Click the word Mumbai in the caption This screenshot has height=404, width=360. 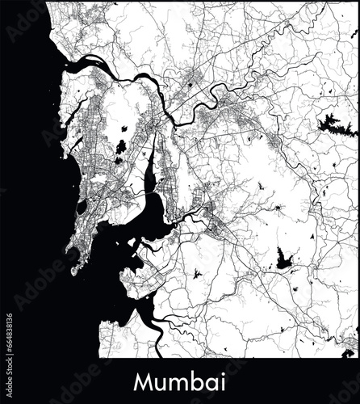180,380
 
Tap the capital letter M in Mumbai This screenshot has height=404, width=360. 144,380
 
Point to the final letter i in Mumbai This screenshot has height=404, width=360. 224,380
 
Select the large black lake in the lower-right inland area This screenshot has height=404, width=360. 283,258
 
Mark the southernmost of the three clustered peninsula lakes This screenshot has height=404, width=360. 117,160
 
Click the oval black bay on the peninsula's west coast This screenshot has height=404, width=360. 81,208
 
